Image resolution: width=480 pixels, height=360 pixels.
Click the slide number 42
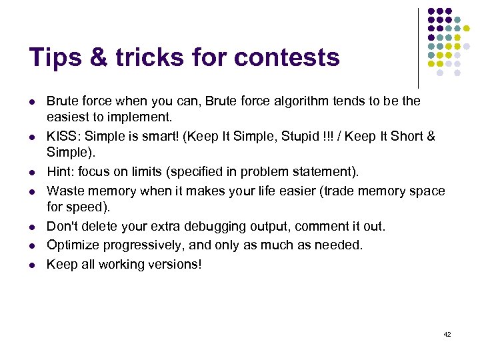pos(447,334)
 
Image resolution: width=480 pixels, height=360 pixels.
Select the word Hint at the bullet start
pos(59,172)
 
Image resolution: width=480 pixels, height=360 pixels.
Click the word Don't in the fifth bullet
pos(61,227)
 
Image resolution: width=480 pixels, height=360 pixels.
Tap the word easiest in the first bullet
pos(68,117)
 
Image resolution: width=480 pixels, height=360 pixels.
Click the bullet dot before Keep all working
pos(31,264)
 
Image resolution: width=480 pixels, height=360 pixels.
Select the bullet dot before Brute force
pos(31,101)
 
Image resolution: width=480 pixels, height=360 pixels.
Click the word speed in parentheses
pos(83,207)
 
